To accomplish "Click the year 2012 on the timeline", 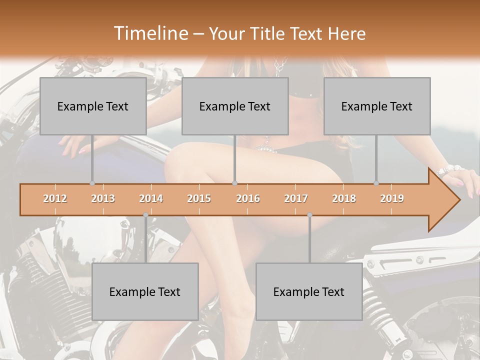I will (x=55, y=198).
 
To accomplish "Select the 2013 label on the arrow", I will (x=103, y=198).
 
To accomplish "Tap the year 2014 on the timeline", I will (x=151, y=198).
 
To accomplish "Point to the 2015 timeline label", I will (x=199, y=198).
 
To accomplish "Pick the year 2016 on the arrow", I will (x=248, y=198).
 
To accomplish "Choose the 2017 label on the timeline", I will (x=296, y=198).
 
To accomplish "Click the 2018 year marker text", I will (x=344, y=198).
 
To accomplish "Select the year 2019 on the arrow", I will (x=392, y=198).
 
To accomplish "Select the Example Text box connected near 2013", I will (x=93, y=106).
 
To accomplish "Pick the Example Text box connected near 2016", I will (x=235, y=106).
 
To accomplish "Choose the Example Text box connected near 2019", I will (x=377, y=106).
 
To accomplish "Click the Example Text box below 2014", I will (x=145, y=291).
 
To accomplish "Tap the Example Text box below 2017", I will (x=309, y=291).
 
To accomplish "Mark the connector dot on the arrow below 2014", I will (x=145, y=215).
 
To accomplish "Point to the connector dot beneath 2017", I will (x=309, y=215).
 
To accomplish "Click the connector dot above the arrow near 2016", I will (x=234, y=183).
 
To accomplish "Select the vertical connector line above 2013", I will (x=92, y=159).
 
